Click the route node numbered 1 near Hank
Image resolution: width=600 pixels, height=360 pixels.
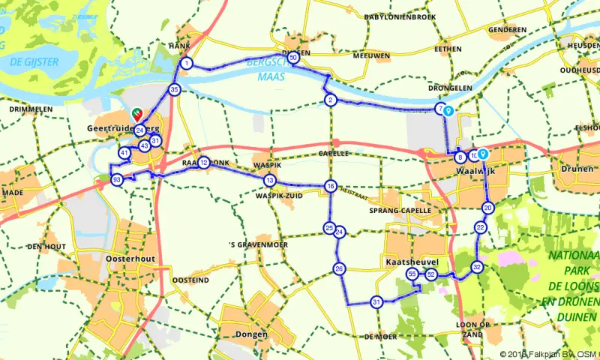(x=186, y=63)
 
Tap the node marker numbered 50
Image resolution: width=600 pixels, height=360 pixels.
(x=293, y=57)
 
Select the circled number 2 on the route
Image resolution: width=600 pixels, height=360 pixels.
(x=330, y=100)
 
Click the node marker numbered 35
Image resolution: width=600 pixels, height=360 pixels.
(x=174, y=90)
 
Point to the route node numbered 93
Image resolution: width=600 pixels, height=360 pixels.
(x=116, y=180)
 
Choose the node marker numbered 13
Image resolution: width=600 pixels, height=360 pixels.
(x=269, y=180)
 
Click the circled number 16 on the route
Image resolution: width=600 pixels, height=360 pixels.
(x=330, y=185)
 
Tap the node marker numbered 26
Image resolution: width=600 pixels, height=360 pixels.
(x=340, y=268)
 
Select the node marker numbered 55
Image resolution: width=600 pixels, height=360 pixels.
(x=412, y=275)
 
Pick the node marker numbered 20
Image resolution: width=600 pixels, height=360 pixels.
(x=487, y=208)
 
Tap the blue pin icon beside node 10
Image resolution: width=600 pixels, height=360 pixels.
(x=484, y=154)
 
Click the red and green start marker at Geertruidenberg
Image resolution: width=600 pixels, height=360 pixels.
(x=137, y=113)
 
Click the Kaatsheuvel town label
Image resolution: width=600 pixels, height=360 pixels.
(x=410, y=264)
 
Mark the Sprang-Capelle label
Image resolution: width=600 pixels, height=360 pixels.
(x=405, y=211)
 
